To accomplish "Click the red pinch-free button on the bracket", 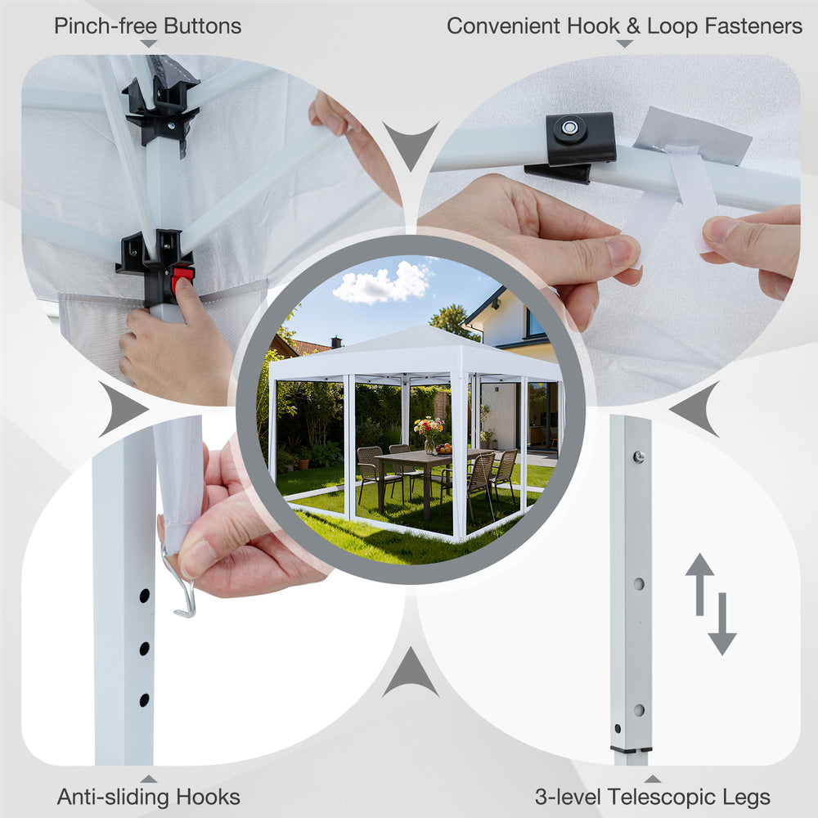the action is tap(183, 275).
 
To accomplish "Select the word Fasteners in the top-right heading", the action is tap(753, 26).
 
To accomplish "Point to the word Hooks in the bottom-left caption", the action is tap(208, 797).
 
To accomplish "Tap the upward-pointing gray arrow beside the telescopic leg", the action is tap(699, 584).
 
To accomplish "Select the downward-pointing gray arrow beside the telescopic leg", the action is tap(722, 624).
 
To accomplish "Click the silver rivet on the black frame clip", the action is tap(569, 128).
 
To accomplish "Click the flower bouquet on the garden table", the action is tap(429, 431).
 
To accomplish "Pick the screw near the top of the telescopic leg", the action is tap(639, 457).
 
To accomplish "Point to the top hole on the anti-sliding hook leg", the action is tap(145, 595).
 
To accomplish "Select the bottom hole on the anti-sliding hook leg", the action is tap(145, 700).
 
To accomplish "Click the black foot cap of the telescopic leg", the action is tap(631, 749).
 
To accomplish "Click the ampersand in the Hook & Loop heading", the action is tap(633, 26).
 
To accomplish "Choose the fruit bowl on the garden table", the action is tap(443, 448).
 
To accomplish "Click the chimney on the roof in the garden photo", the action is tap(336, 342).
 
